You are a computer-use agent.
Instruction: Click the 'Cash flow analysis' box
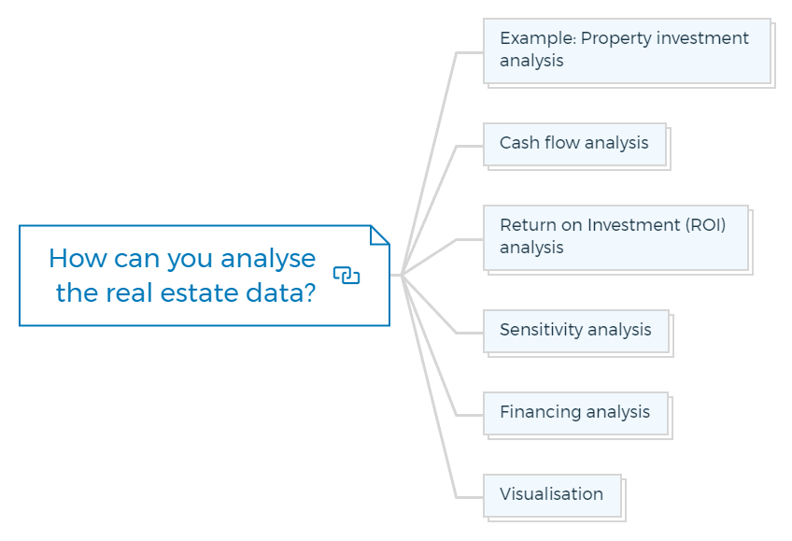tap(574, 145)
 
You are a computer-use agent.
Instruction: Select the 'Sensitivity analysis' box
tap(576, 332)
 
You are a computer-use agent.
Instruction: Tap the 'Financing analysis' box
tap(576, 414)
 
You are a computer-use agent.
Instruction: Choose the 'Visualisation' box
tap(553, 495)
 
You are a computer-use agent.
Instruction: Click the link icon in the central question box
tap(346, 276)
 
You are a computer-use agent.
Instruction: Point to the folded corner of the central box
tap(380, 235)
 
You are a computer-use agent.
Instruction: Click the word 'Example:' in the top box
tap(538, 38)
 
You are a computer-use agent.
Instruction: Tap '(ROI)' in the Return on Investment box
tap(705, 225)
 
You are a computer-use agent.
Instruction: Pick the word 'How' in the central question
tap(78, 258)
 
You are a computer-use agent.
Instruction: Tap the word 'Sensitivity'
tap(541, 330)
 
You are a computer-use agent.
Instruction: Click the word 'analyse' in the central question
tap(268, 260)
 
